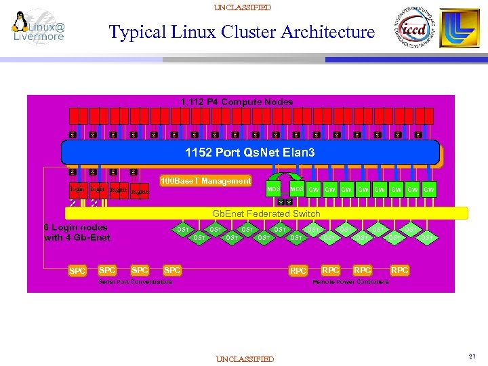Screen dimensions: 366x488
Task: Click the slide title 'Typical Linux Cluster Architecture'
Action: coord(241,32)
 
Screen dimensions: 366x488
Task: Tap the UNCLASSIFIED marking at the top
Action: coord(242,7)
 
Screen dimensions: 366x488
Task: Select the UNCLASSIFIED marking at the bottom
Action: coord(244,359)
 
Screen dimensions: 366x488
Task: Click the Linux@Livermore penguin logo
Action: coord(39,28)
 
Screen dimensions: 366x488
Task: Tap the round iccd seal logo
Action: coord(412,30)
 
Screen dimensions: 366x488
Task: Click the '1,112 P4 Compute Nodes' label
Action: coord(237,102)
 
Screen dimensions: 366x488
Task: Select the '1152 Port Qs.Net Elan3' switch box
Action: coord(251,153)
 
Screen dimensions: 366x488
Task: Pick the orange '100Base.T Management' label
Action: coord(205,181)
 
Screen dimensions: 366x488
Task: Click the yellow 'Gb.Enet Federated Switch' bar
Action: coord(266,213)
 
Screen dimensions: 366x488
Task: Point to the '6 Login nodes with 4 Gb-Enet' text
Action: coord(76,232)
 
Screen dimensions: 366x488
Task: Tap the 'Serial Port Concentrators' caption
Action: coord(136,281)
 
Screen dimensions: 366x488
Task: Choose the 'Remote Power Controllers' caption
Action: coord(350,281)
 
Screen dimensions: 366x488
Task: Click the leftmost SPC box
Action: coord(78,271)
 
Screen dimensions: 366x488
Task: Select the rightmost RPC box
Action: coord(400,270)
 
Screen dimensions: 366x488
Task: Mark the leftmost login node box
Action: coord(77,190)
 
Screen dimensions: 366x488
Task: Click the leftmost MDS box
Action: coord(274,189)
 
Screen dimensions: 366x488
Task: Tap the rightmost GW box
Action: coord(429,189)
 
